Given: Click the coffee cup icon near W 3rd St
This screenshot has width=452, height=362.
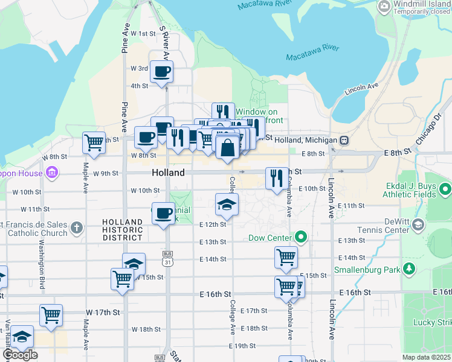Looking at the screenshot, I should (x=161, y=72).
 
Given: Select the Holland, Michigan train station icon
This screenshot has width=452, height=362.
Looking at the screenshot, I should (x=344, y=140).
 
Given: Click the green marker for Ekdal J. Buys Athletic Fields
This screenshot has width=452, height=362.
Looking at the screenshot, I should (x=446, y=191).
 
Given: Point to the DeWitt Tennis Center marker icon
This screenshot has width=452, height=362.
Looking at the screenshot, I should (x=418, y=225).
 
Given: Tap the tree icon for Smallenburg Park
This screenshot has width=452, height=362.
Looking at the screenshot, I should (x=410, y=267).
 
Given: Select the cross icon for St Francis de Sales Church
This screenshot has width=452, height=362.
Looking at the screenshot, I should (x=76, y=227).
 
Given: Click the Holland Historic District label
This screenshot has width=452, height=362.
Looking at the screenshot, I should (x=123, y=230).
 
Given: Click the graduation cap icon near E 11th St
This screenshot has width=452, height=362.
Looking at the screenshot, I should (x=227, y=205).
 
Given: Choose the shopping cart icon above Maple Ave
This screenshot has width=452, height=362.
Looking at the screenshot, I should (x=94, y=143).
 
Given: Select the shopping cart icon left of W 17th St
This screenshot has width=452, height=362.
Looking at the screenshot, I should (x=51, y=315).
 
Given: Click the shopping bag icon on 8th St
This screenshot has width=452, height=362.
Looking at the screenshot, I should (x=227, y=148).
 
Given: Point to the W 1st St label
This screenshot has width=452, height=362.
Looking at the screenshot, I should (x=143, y=34).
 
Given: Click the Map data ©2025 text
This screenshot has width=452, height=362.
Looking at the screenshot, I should (x=426, y=357).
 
